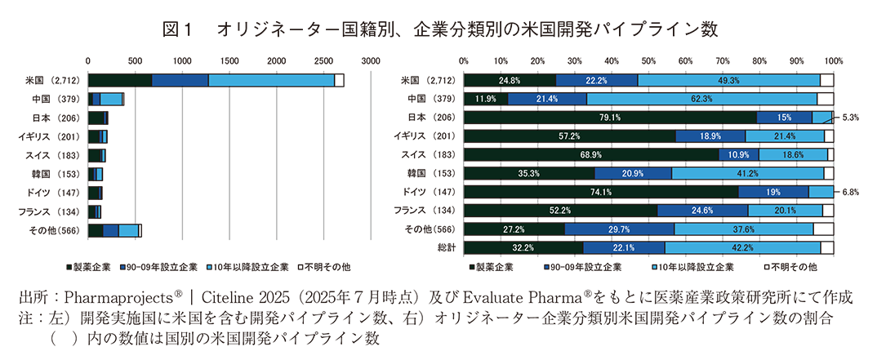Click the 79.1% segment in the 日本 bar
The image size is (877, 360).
(610, 118)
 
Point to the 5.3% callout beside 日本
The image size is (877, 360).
(848, 118)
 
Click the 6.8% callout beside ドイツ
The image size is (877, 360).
(848, 192)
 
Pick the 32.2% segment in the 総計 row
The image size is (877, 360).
(523, 247)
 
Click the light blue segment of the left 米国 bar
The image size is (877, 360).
(271, 80)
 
